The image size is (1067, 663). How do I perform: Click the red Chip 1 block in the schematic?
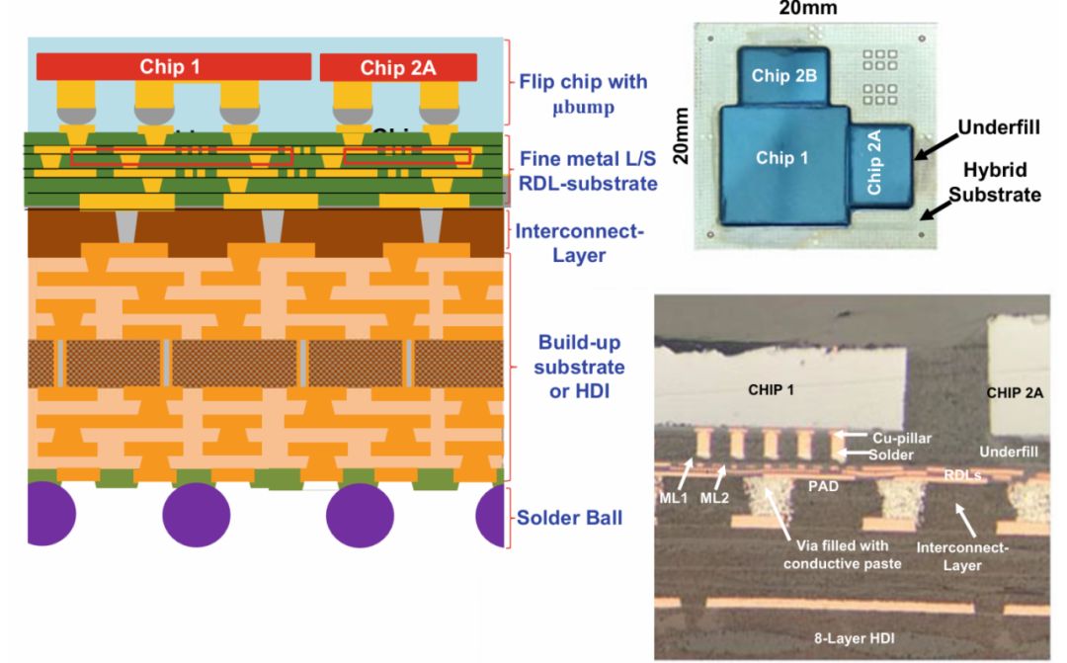coord(169,67)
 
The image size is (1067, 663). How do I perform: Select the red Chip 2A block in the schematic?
coord(398,67)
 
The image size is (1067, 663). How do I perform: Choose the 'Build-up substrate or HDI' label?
coord(581,367)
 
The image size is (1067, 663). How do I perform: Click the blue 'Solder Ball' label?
coord(571,517)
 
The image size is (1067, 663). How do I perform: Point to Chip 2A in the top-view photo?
coord(875,166)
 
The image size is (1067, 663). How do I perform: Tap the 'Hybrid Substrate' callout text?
coord(995,185)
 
